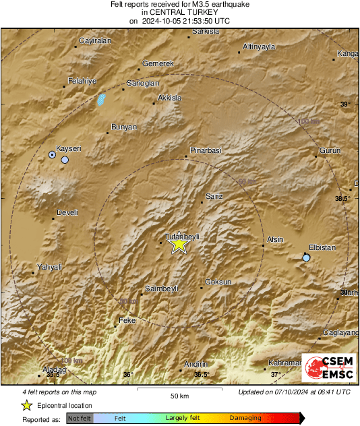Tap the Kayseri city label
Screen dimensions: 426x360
pos(68,148)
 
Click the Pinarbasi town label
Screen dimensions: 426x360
pos(206,150)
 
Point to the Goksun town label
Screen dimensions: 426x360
pos(218,282)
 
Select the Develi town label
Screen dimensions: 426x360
pos(67,212)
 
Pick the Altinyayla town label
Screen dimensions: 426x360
pos(260,47)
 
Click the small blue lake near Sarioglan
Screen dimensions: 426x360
pos(102,100)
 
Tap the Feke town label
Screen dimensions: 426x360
pos(127,320)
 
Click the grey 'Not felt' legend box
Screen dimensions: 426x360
pos(80,418)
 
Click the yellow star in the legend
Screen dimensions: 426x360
pos(26,405)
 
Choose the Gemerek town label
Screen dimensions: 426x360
pos(158,63)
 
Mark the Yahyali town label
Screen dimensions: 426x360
pos(49,267)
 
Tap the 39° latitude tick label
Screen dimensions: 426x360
pos(345,104)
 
